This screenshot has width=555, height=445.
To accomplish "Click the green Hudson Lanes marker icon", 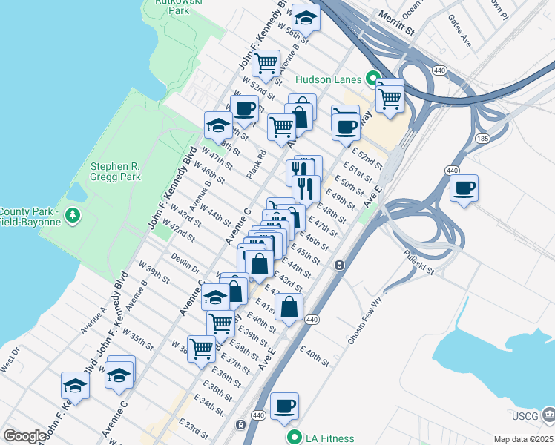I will (372, 79).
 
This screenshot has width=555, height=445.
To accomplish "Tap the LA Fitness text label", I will (329, 438).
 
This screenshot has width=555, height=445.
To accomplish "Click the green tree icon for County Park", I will (72, 216).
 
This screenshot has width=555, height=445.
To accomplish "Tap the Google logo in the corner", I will (24, 436).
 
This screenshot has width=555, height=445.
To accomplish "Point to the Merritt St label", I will (394, 22).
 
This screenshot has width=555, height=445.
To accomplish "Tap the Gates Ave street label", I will (459, 30).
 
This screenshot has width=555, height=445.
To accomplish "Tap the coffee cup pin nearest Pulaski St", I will (464, 188).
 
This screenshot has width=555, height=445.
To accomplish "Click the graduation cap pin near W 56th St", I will (305, 17).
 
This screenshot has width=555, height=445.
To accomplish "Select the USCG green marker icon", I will (547, 412).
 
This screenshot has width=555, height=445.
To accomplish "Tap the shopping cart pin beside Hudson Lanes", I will (390, 97).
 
